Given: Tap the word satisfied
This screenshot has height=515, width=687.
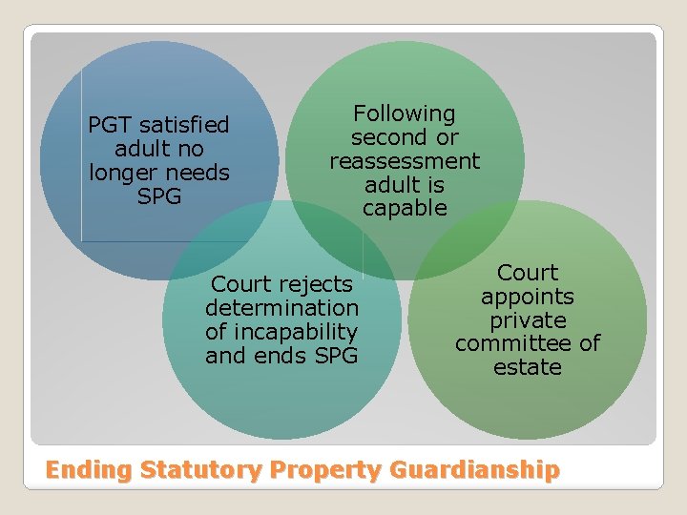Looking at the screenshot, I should tap(184, 125).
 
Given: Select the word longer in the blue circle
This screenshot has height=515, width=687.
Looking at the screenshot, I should tap(123, 173).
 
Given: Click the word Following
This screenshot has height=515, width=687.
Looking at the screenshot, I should tap(405, 113).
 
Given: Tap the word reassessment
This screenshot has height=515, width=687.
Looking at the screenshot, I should tap(405, 161).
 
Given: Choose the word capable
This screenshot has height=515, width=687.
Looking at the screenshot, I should tap(405, 208).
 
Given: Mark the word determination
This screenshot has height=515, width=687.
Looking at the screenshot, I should tap(282, 308).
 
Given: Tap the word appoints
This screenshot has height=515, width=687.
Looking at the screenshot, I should tap(528, 297).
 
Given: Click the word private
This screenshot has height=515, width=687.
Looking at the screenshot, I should tap(528, 320).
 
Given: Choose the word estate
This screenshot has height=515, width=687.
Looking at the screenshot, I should tap(528, 367).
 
